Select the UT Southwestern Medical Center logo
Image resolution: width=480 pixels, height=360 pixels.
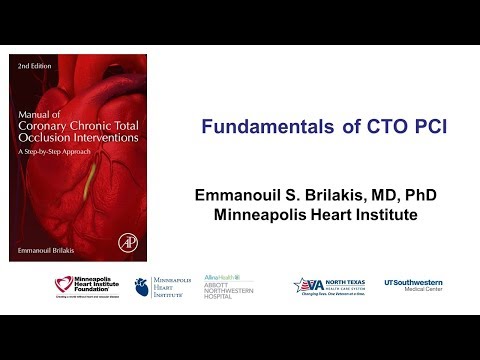point(413,285)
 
